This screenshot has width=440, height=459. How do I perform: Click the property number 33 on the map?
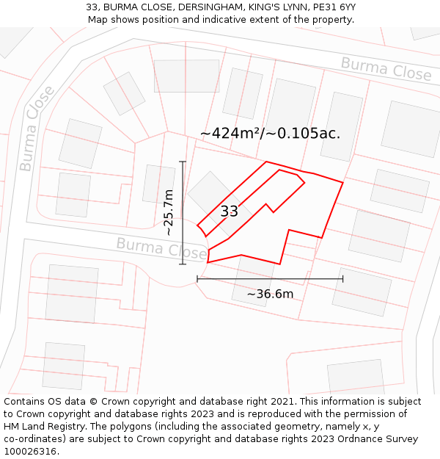(229, 212)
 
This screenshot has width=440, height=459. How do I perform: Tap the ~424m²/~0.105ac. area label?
(270, 134)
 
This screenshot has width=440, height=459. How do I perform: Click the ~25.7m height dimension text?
(169, 212)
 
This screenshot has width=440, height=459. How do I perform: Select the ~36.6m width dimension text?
(270, 294)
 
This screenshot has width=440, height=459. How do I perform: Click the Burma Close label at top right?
(386, 69)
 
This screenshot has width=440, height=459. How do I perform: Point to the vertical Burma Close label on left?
(37, 129)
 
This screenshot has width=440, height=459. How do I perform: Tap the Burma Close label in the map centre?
(161, 248)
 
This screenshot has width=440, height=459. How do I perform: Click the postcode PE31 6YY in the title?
(330, 7)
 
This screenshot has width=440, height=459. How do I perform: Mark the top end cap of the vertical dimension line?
(183, 162)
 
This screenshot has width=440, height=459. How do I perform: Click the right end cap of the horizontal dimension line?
(342, 278)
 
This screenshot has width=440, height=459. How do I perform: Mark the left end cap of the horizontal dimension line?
(197, 278)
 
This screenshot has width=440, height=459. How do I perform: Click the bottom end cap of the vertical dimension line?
(183, 264)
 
